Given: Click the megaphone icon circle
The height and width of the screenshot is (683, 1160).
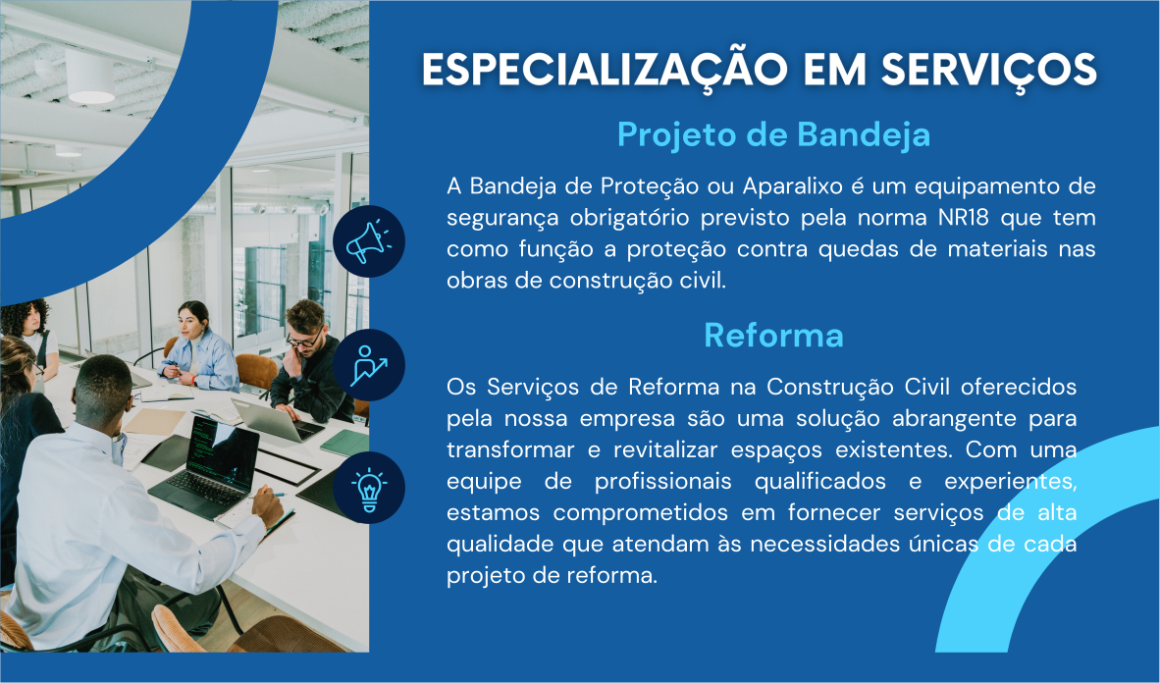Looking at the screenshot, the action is (x=368, y=241).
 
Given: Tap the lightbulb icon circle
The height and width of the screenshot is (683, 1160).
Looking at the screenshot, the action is (x=368, y=488).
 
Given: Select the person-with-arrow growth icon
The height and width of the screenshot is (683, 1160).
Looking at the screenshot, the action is (x=368, y=365).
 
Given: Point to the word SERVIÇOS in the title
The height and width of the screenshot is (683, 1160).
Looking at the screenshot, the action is (x=988, y=72).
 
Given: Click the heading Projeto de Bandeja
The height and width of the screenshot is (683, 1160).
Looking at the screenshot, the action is (x=774, y=134).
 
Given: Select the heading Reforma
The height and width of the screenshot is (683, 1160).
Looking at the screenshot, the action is (x=774, y=336).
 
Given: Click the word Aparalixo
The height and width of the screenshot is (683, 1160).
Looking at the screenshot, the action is (x=792, y=185).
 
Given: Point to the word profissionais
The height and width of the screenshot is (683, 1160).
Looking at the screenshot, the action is (x=662, y=482).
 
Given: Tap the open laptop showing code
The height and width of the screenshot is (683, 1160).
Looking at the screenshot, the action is (x=206, y=465).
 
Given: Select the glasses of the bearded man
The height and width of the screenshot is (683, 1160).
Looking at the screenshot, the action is (x=304, y=341).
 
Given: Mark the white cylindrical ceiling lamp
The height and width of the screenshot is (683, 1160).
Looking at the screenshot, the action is (x=89, y=77).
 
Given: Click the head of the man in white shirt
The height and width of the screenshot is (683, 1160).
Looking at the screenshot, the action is (x=104, y=390).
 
